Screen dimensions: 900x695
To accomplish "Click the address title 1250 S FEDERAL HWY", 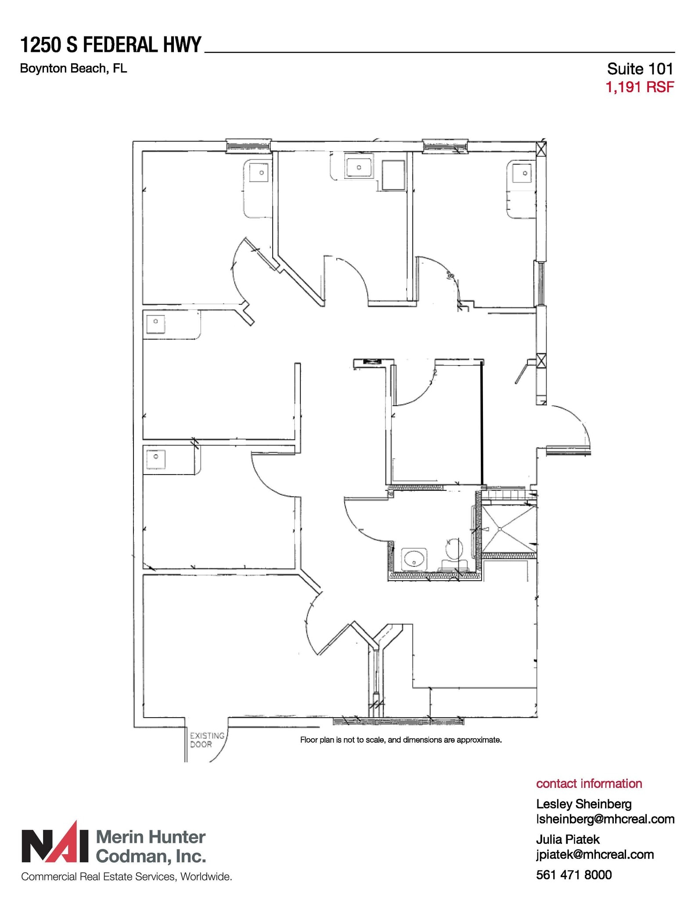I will (x=111, y=45).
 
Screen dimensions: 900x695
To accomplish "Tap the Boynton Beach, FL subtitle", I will (x=73, y=69).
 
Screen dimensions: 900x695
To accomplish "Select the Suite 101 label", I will (x=640, y=69).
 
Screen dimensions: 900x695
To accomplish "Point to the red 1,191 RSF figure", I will (x=639, y=87).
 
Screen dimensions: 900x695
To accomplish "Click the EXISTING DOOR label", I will (x=207, y=740).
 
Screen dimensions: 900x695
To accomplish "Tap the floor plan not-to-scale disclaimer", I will (x=400, y=740).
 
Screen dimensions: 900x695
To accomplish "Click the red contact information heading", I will (x=589, y=784).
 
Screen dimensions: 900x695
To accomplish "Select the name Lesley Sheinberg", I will (x=583, y=804).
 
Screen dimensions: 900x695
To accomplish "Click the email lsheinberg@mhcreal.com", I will (x=605, y=819).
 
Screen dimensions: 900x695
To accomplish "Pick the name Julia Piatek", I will (x=567, y=839).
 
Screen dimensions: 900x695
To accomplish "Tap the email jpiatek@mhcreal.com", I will (x=594, y=854).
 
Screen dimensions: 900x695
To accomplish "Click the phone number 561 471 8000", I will (x=573, y=875).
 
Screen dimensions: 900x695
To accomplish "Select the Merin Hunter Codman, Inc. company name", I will (x=151, y=846).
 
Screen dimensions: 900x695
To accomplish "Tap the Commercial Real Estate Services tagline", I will (x=126, y=877).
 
